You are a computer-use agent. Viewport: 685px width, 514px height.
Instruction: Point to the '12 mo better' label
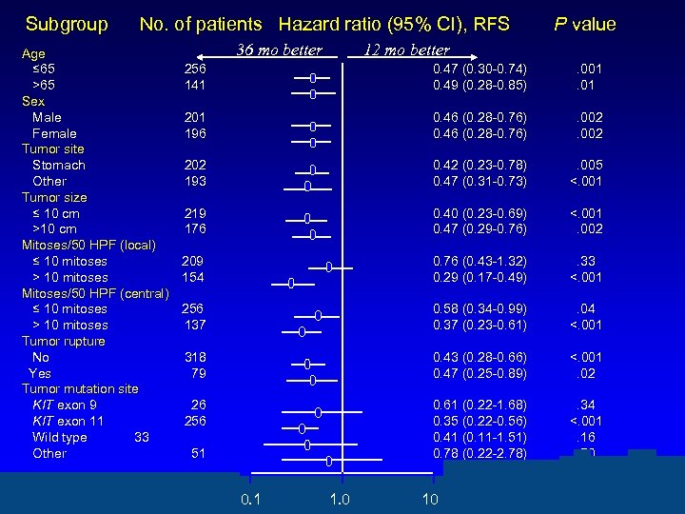tap(406, 49)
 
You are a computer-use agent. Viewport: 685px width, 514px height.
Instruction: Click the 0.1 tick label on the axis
tap(251, 500)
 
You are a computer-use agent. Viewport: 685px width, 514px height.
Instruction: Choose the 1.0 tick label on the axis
tap(338, 500)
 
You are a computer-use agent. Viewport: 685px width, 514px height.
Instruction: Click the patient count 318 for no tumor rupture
tap(195, 357)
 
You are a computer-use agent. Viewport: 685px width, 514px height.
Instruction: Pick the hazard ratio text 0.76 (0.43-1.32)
tap(479, 261)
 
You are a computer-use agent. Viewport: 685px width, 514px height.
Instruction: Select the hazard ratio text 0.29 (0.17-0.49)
tap(479, 277)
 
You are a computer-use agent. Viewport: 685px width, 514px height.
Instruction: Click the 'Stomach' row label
tap(59, 165)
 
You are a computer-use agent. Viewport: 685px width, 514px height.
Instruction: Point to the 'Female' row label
tap(54, 133)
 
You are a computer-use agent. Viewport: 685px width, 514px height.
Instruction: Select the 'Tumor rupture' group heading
tap(64, 341)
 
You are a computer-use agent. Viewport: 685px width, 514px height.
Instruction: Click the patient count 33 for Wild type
tap(142, 437)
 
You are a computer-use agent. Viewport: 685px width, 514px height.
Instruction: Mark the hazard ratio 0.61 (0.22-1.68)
tap(479, 405)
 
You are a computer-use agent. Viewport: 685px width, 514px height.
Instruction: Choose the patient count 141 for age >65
tap(195, 85)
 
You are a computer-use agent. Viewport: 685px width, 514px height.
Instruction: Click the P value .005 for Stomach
tap(587, 165)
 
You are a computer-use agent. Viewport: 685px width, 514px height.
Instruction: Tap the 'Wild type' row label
tap(59, 437)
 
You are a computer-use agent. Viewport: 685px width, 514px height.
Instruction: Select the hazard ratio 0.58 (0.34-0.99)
tap(479, 308)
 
